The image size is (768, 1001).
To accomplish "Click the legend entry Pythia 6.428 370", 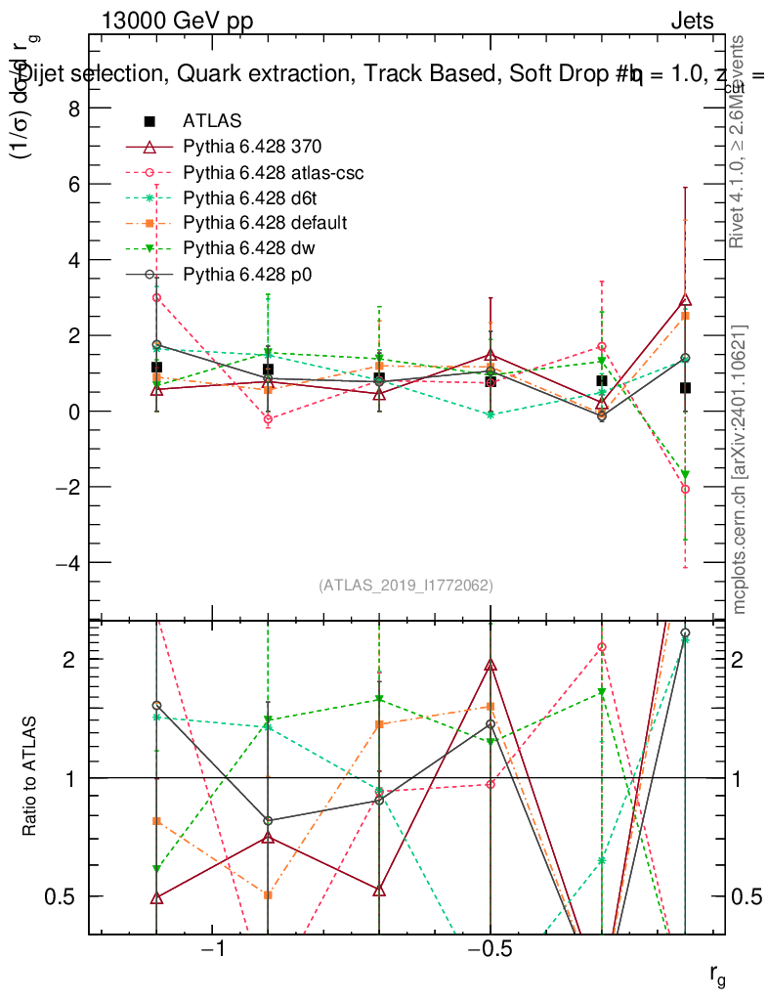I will (x=252, y=147).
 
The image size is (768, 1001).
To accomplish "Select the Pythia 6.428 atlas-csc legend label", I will (x=274, y=172).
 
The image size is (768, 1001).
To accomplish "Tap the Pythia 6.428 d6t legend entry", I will (x=252, y=197).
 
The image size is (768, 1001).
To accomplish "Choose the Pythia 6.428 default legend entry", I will (x=265, y=223).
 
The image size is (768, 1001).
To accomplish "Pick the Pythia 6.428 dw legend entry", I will (x=250, y=248).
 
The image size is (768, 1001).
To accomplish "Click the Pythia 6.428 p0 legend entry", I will (x=249, y=274).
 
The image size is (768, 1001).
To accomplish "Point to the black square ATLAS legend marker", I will (x=149, y=121).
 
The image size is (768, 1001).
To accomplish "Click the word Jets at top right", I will (x=692, y=21).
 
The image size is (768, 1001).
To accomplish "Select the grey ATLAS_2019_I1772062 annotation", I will (x=405, y=585).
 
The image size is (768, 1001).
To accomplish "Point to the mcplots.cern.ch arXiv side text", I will (x=740, y=469).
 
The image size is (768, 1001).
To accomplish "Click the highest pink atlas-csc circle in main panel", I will (x=156, y=297).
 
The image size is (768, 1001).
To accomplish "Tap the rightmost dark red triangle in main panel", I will (x=685, y=300).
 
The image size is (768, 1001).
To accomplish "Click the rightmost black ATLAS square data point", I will (x=685, y=388).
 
